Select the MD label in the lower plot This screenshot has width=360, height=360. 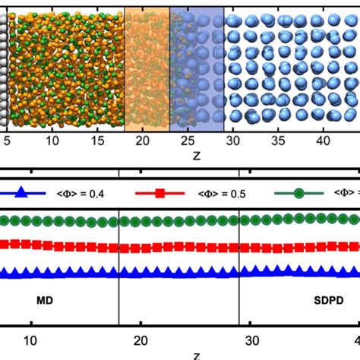(34, 301)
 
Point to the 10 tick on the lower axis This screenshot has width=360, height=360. (29, 341)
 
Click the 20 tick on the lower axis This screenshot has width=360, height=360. (141, 341)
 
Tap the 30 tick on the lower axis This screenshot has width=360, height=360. (252, 341)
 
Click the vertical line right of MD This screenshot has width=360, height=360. (119, 296)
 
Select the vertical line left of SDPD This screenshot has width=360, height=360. (240, 296)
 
